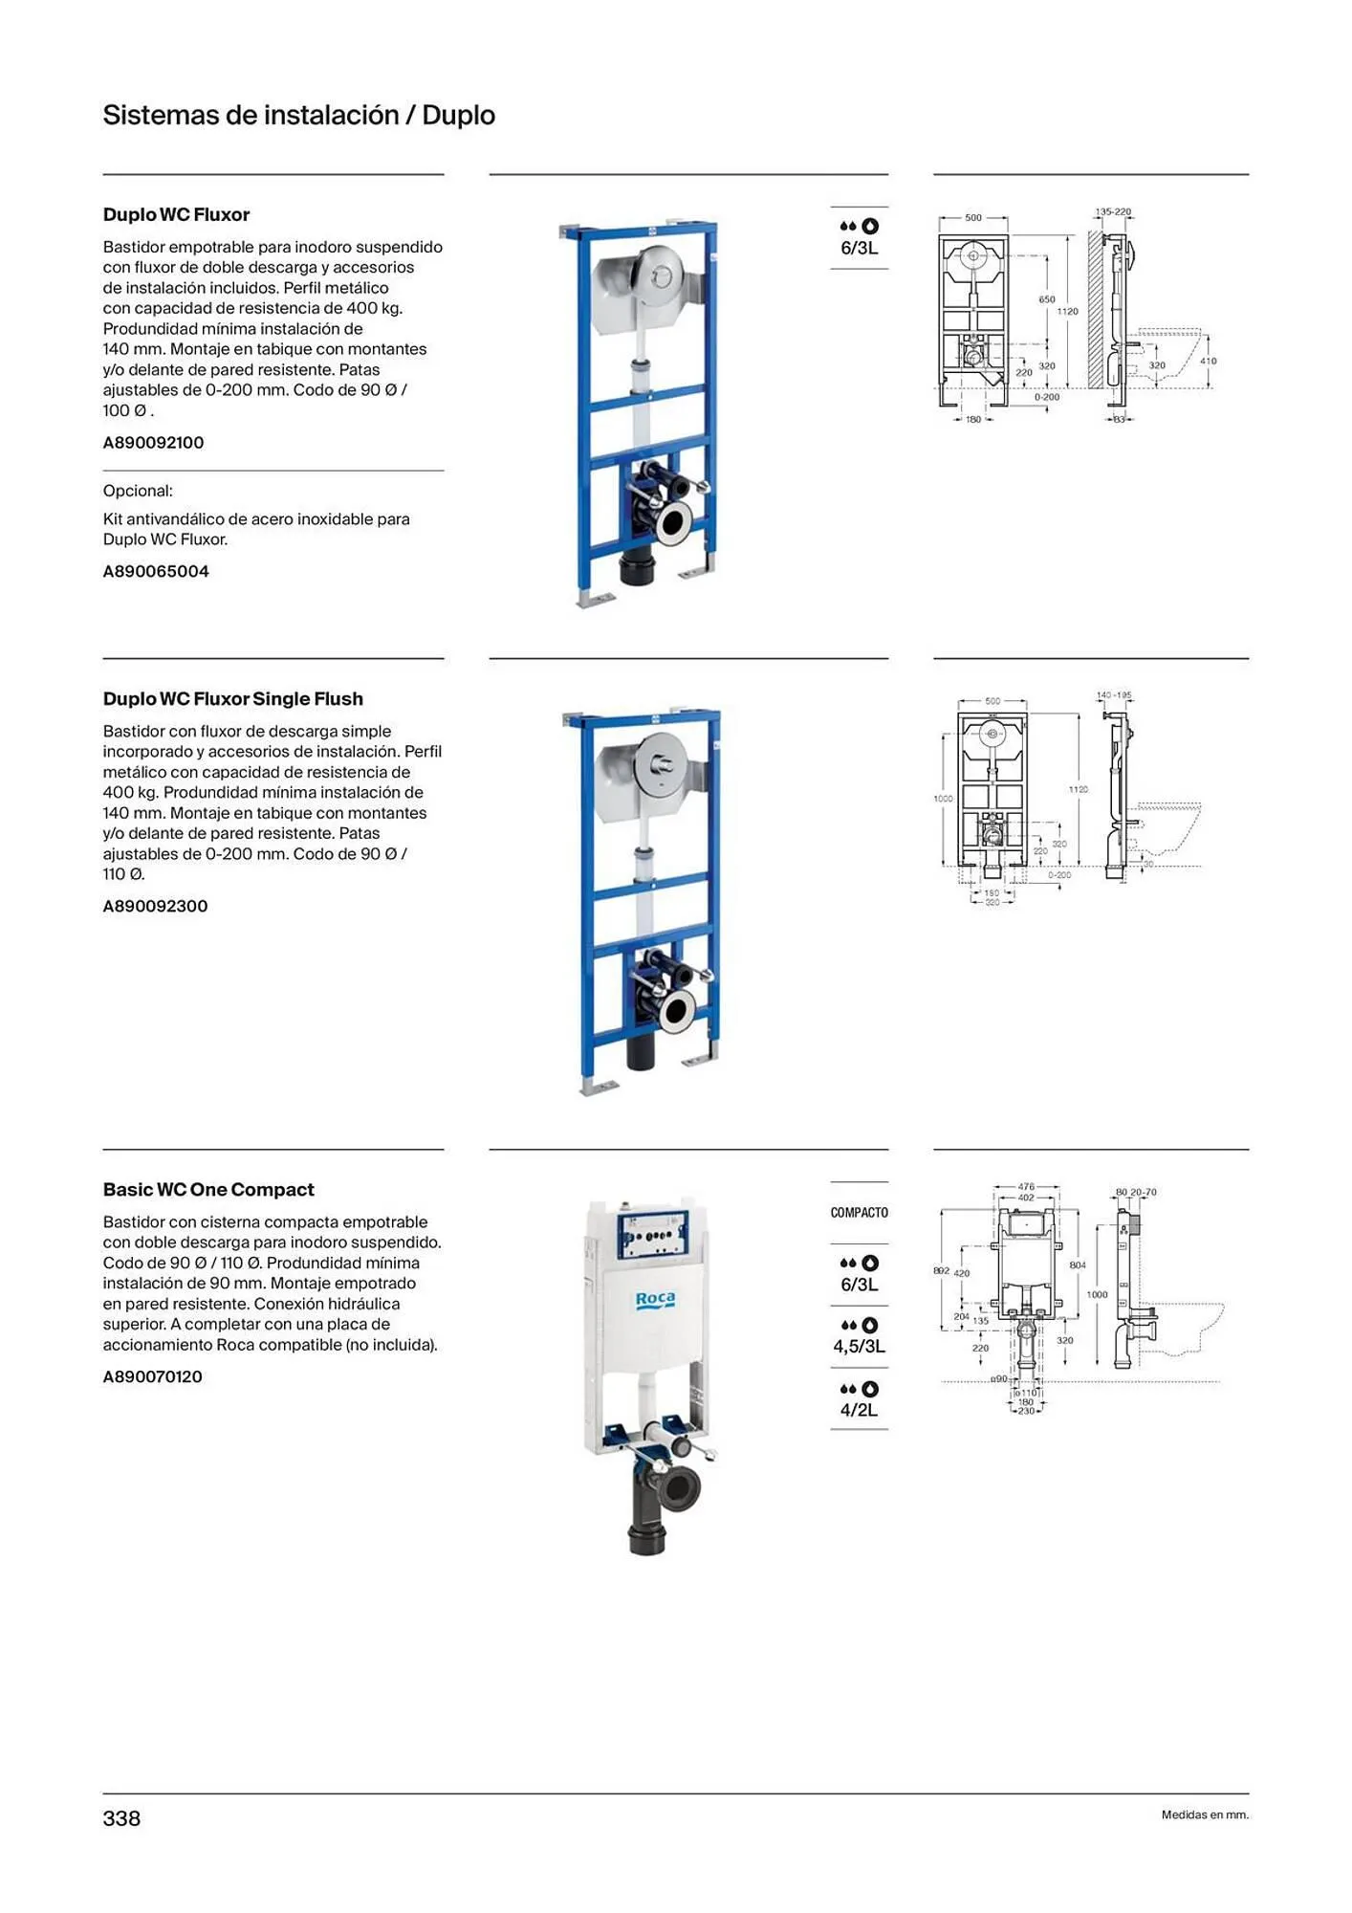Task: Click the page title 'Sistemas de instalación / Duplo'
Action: [x=298, y=116]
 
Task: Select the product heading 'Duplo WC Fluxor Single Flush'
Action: [x=232, y=699]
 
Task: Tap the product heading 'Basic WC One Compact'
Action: [x=208, y=1190]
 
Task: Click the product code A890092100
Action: [x=153, y=443]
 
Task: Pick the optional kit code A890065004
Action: [x=156, y=572]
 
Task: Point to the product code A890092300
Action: [x=155, y=907]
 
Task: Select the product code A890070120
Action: [x=152, y=1377]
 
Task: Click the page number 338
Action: [x=121, y=1818]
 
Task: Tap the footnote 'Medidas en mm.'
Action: [x=1205, y=1814]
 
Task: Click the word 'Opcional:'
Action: [x=138, y=492]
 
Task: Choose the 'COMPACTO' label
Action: [x=859, y=1213]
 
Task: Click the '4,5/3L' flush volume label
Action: [x=859, y=1347]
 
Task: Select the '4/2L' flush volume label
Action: [x=859, y=1410]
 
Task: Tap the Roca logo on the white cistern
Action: [x=655, y=1300]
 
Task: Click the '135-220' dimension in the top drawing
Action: [x=1112, y=212]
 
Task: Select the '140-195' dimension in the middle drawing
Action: [x=1114, y=695]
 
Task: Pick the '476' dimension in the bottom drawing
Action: [x=1026, y=1187]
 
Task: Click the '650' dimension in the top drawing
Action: [x=1047, y=299]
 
